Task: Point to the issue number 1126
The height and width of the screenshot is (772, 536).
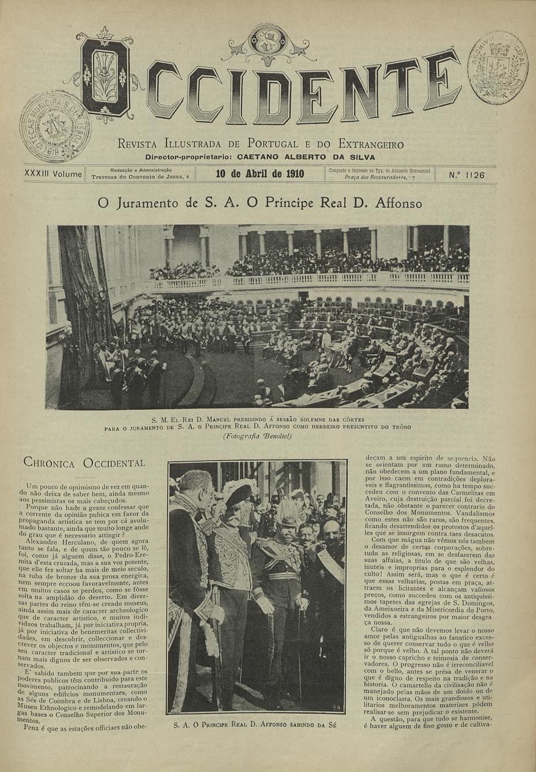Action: pos(466,175)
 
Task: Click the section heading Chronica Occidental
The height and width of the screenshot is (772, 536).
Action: pos(83,463)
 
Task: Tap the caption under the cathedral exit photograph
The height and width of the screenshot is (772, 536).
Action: pos(255,724)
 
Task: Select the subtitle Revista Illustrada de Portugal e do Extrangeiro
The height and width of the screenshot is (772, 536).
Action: pos(260,144)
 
